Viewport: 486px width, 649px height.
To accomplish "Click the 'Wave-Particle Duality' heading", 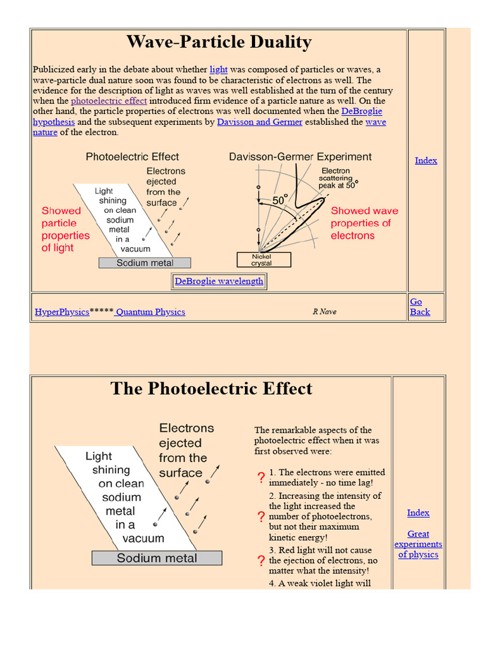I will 219,42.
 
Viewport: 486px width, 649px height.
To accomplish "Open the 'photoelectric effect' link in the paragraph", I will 109,101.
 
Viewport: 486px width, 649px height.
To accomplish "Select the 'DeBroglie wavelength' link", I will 219,281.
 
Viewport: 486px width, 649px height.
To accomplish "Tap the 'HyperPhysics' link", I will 62,312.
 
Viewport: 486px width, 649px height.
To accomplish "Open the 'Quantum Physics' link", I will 150,312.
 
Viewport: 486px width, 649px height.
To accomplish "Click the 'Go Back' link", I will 419,307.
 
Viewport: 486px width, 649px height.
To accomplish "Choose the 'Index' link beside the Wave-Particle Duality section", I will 426,160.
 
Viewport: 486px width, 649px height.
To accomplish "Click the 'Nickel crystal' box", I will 264,260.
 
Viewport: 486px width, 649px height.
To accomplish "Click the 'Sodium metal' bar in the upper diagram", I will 145,263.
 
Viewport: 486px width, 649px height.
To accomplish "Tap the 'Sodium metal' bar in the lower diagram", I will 157,558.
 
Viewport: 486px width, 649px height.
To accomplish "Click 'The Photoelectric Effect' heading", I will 211,389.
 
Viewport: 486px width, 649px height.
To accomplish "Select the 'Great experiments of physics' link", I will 418,544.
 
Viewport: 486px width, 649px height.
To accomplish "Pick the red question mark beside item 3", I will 261,561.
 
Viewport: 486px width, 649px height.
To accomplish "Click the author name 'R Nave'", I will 325,312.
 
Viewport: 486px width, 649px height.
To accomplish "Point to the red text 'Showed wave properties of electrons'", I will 364,223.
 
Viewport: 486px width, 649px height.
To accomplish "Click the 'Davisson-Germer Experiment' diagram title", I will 301,157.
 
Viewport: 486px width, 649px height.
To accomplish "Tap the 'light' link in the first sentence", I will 218,70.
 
